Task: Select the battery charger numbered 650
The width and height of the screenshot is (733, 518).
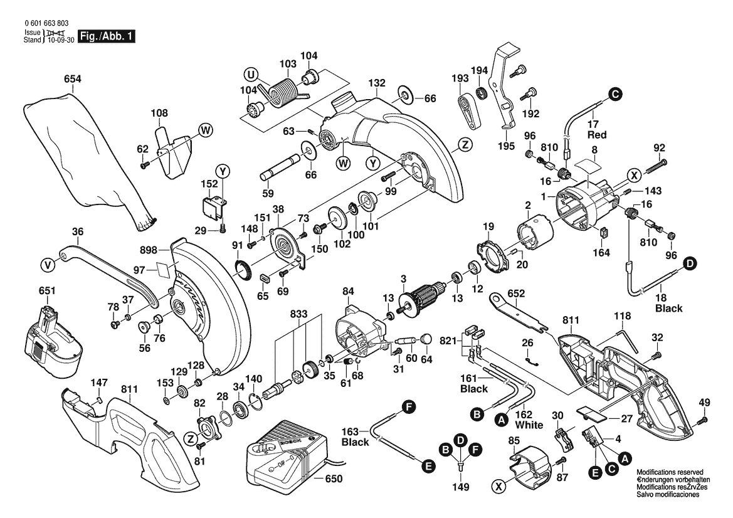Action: click(285, 455)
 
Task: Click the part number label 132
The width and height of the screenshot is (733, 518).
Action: click(376, 83)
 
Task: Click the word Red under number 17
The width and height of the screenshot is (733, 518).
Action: click(596, 135)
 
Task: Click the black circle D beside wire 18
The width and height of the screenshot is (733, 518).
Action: click(689, 264)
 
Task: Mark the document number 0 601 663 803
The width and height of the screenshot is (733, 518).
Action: click(46, 23)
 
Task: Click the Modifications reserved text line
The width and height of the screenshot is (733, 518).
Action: click(670, 472)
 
